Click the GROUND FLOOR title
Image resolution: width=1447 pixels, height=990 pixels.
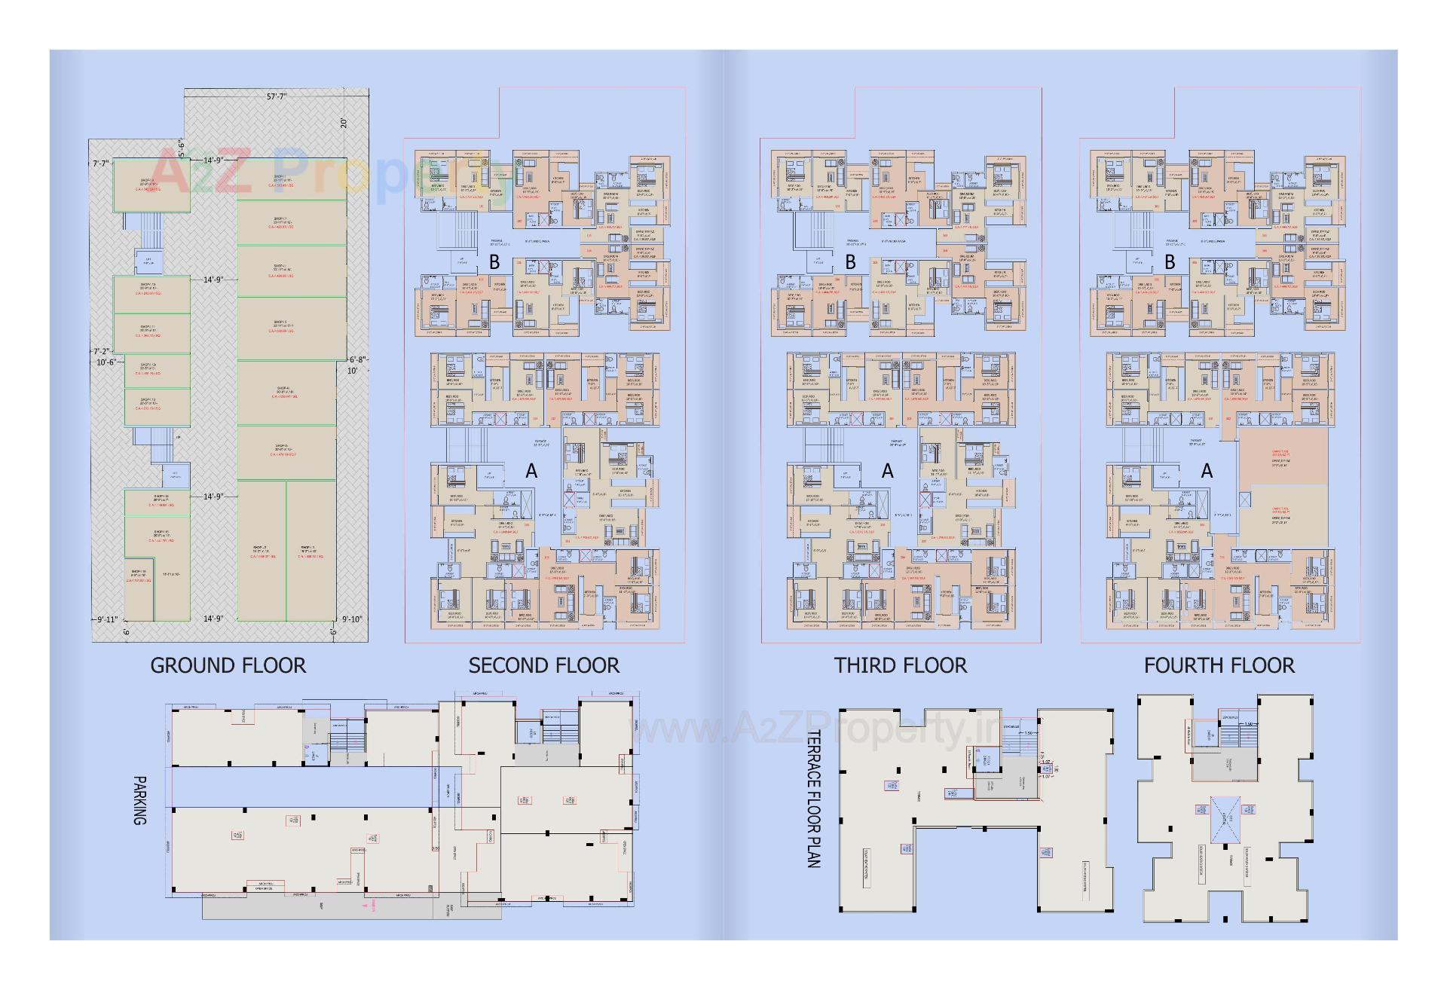click(x=228, y=666)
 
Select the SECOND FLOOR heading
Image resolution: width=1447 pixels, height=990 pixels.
click(x=544, y=666)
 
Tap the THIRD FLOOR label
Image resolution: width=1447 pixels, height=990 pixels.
click(x=901, y=666)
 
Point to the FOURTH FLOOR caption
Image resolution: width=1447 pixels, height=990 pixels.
click(x=1219, y=666)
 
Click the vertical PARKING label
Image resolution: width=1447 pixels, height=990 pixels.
click(x=139, y=801)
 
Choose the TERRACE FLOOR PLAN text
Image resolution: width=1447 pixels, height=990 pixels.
click(x=814, y=799)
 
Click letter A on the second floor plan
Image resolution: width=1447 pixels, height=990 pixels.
click(x=531, y=471)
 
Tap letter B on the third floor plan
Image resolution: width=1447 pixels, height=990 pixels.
click(x=851, y=262)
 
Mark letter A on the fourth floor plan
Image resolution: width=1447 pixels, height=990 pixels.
click(x=1207, y=471)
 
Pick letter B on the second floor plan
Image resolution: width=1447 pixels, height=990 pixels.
click(x=494, y=262)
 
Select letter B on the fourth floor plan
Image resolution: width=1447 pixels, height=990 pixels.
click(x=1170, y=262)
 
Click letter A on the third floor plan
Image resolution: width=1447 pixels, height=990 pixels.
click(x=888, y=471)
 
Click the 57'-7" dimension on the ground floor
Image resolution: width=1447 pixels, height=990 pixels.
click(x=277, y=96)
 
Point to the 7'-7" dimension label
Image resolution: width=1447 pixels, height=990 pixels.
click(x=101, y=163)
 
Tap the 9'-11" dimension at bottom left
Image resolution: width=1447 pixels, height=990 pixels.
click(x=108, y=619)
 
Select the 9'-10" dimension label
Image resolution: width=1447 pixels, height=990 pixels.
click(x=352, y=619)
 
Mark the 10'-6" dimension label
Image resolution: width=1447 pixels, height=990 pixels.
click(x=106, y=362)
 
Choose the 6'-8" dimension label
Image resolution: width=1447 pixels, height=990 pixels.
click(x=357, y=359)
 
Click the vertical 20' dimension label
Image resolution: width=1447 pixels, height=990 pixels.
click(x=344, y=124)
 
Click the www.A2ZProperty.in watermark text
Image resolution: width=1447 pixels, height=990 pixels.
click(x=818, y=729)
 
